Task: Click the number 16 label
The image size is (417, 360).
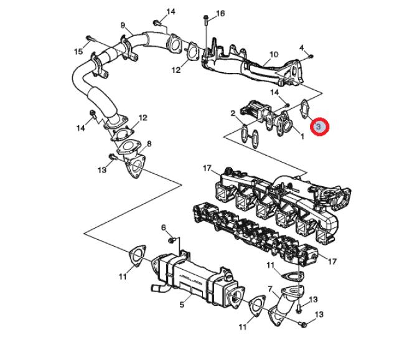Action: pos(220,12)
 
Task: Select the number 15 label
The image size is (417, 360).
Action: pos(78,52)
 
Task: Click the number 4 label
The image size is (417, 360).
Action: pos(302,47)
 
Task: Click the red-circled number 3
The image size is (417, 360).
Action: pos(319,127)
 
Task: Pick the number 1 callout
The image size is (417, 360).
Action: pos(302,136)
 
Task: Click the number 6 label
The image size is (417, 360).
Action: pos(164,227)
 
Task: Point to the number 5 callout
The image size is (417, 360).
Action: pos(182,305)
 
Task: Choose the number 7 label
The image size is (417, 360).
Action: pos(270,288)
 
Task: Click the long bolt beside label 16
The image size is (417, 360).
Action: pos(205,25)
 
